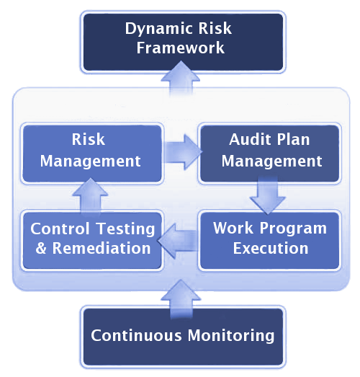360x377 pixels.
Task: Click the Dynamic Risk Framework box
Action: pyautogui.click(x=183, y=42)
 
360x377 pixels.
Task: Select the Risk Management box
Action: pyautogui.click(x=92, y=154)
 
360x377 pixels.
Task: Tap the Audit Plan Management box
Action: pyautogui.click(x=269, y=154)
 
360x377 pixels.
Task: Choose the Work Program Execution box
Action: pyautogui.click(x=269, y=241)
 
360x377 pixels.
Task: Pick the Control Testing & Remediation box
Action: pyautogui.click(x=92, y=241)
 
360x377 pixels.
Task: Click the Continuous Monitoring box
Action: pyautogui.click(x=183, y=337)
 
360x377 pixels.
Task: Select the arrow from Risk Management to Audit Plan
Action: pyautogui.click(x=183, y=152)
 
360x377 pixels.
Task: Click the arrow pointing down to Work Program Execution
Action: pyautogui.click(x=268, y=195)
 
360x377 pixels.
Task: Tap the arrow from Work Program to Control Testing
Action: pyautogui.click(x=178, y=241)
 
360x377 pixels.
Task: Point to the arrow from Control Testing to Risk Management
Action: pyautogui.click(x=90, y=195)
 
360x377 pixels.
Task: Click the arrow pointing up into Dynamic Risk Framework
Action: pyautogui.click(x=181, y=79)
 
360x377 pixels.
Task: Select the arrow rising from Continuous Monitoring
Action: pyautogui.click(x=181, y=298)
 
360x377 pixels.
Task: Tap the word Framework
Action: pyautogui.click(x=181, y=48)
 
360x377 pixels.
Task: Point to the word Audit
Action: pyautogui.click(x=250, y=139)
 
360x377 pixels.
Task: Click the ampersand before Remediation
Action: pyautogui.click(x=41, y=248)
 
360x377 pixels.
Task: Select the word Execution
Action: pyautogui.click(x=271, y=248)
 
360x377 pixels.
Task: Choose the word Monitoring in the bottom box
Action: pyautogui.click(x=231, y=336)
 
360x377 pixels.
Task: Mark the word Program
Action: pyautogui.click(x=293, y=229)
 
